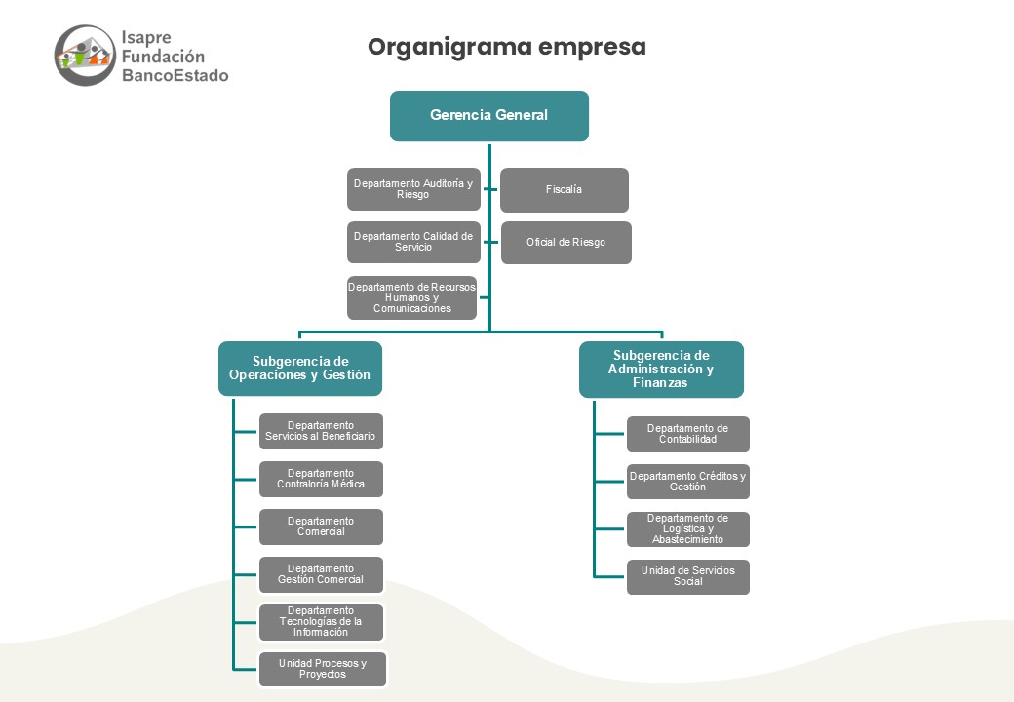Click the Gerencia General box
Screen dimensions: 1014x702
click(x=488, y=116)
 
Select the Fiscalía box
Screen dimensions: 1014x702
click(x=564, y=189)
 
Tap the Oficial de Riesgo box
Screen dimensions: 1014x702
click(x=565, y=243)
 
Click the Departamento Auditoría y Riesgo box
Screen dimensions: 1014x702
click(x=413, y=189)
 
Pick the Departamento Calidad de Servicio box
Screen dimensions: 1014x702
click(x=413, y=242)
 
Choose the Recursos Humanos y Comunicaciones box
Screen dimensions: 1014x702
click(x=411, y=297)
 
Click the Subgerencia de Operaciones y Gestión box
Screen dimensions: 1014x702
click(x=300, y=368)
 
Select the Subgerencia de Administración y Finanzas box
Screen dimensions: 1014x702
click(x=661, y=370)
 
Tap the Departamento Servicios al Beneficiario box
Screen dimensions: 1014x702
click(x=321, y=431)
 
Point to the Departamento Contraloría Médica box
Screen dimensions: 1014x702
click(x=321, y=479)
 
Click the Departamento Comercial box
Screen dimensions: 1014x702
click(x=321, y=526)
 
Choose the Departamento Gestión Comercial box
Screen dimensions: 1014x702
click(x=321, y=574)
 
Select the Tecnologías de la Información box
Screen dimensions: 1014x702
click(x=321, y=622)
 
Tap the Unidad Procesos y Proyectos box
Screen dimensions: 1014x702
click(x=322, y=669)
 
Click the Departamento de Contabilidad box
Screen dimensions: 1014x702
click(x=688, y=434)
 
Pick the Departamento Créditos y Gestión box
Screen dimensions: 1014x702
click(x=688, y=482)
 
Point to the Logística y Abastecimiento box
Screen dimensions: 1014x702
click(x=688, y=528)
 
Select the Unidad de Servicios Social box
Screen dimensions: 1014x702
click(x=688, y=576)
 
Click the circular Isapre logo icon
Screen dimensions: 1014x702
click(x=85, y=56)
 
